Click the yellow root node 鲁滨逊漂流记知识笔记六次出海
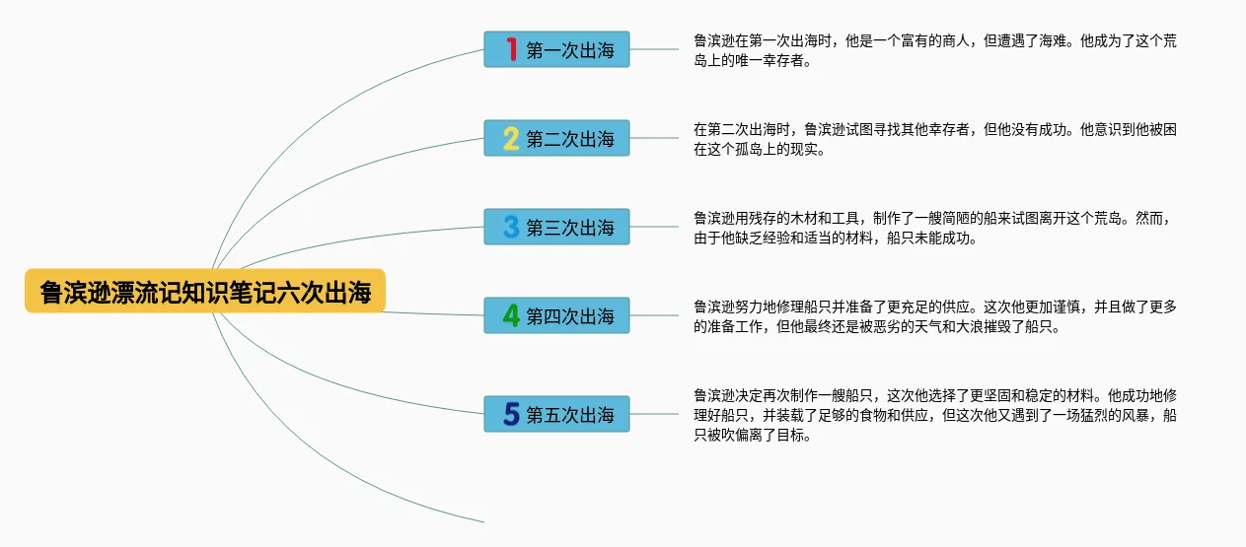coord(204,292)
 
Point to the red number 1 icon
coord(511,49)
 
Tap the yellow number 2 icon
coord(511,139)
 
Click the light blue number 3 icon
coord(511,228)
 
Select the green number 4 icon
coord(511,316)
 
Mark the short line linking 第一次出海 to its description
coord(653,49)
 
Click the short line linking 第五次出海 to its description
coord(653,414)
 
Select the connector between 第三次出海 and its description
coord(653,227)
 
